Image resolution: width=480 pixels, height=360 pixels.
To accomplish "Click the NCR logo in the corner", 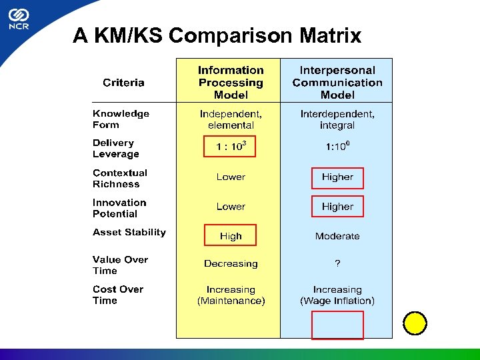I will click(x=18, y=21).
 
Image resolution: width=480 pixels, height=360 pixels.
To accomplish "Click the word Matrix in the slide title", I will click(x=331, y=35).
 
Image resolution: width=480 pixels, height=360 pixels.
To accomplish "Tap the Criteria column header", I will click(x=123, y=83).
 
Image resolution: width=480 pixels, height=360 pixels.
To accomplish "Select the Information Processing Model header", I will click(x=231, y=83).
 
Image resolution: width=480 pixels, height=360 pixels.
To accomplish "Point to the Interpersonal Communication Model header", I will click(x=337, y=83).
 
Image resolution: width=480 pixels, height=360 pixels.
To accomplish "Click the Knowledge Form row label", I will click(x=121, y=119).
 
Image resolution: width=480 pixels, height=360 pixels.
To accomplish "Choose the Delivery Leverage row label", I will click(x=116, y=149).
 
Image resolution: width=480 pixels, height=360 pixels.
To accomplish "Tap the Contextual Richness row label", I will click(x=120, y=179).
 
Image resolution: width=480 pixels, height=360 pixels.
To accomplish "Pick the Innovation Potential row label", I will click(x=119, y=208).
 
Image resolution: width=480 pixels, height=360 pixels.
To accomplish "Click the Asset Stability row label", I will click(x=129, y=233).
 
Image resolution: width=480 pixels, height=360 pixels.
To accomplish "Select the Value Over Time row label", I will click(x=120, y=265).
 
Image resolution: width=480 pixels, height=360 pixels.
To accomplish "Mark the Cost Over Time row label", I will click(x=118, y=295).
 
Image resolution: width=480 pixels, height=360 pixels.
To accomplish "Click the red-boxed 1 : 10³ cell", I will click(x=230, y=147).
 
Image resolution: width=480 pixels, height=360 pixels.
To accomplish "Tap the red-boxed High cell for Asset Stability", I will click(x=230, y=236).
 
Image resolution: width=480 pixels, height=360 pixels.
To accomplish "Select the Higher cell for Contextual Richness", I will click(x=337, y=177).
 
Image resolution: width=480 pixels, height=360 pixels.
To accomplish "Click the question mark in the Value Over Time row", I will click(x=337, y=264).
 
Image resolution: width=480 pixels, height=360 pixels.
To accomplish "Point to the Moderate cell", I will click(x=337, y=236).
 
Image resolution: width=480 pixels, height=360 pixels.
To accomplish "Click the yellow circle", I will click(x=415, y=323).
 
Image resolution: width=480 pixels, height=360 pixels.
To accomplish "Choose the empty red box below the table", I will click(x=337, y=325).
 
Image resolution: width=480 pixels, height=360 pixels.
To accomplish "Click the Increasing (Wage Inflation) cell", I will click(x=337, y=295).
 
